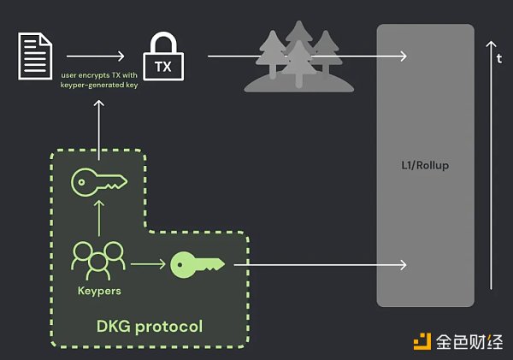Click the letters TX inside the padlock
click(x=163, y=64)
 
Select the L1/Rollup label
click(x=425, y=165)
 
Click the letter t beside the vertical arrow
click(x=498, y=60)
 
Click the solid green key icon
click(x=197, y=263)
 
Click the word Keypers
click(x=98, y=290)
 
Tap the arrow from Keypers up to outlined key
click(x=99, y=219)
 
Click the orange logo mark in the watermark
click(x=422, y=341)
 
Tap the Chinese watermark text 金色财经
click(x=469, y=341)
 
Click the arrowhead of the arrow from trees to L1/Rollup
click(x=402, y=56)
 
